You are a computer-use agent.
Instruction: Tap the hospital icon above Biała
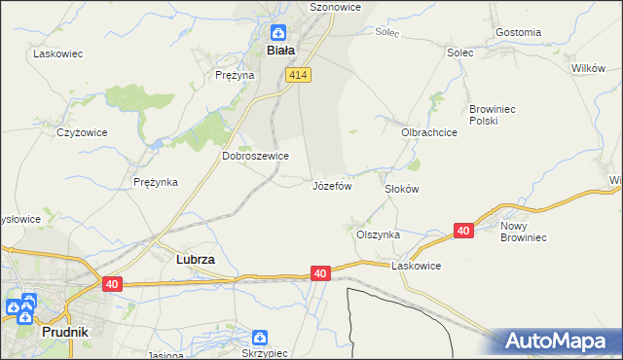277,32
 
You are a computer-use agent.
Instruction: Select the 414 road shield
297,75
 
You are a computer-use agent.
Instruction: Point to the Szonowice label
335,6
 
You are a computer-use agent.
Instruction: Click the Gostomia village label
518,32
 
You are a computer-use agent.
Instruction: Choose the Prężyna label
235,74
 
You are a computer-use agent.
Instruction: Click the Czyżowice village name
80,131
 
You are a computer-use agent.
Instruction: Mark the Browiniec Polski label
497,115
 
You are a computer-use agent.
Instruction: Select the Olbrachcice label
428,132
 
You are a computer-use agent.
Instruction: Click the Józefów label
331,185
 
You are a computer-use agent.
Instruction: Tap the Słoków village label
401,189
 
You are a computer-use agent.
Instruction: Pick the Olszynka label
378,234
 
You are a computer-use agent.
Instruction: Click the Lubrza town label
195,261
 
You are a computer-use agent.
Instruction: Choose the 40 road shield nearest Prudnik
112,283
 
